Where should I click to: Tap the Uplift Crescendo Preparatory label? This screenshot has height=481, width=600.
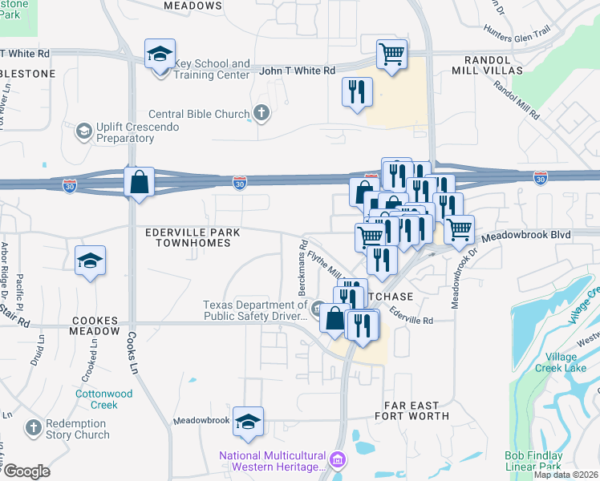pos(124,132)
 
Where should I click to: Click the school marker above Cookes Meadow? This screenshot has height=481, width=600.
pos(91,261)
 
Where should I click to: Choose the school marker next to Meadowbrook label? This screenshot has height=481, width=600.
pos(249,422)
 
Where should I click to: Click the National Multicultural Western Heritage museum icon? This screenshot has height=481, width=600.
pos(338,459)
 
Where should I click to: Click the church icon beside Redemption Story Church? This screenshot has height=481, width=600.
pos(34,428)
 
